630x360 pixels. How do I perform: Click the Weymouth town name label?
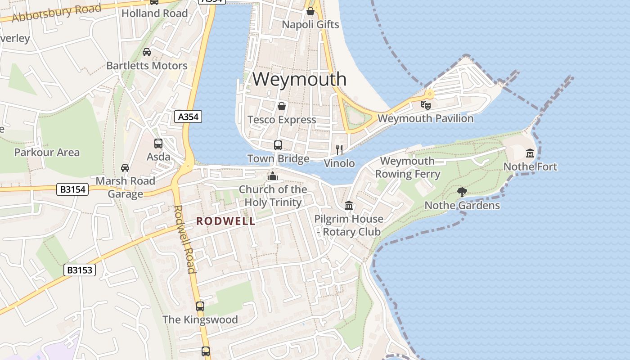point(299,79)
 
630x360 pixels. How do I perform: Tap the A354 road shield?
point(188,117)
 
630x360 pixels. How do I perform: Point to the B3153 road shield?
point(80,270)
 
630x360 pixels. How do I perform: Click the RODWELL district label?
point(225,221)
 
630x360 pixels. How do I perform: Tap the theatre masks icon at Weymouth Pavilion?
point(425,105)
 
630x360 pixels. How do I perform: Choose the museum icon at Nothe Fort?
point(530,153)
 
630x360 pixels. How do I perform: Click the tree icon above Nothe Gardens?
point(462,192)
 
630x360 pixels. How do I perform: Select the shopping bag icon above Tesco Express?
point(282,107)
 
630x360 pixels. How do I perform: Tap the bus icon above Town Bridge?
point(278,145)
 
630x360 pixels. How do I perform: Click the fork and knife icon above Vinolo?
point(339,149)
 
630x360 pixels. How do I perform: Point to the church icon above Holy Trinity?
point(272,175)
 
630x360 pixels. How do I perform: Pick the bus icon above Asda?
point(158,144)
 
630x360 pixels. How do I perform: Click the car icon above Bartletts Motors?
point(147,52)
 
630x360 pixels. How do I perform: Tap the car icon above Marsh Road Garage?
point(125,168)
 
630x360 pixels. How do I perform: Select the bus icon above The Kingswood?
point(200,306)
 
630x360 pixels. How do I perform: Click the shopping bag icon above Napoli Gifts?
point(310,11)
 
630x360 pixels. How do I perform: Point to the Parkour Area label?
point(47,153)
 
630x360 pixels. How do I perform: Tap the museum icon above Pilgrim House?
point(349,206)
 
